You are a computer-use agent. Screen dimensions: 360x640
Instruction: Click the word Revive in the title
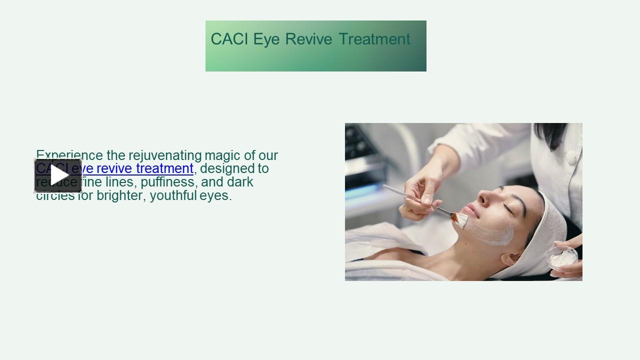click(308, 39)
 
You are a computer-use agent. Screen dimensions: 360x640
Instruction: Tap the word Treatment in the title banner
click(374, 39)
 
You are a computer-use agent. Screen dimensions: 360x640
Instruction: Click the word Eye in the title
click(266, 39)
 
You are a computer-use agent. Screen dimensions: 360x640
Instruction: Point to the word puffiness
click(167, 182)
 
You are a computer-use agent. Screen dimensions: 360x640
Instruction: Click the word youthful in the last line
click(173, 195)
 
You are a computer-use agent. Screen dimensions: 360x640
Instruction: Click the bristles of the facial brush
click(459, 219)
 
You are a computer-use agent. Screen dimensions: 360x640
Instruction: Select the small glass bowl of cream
click(561, 257)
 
